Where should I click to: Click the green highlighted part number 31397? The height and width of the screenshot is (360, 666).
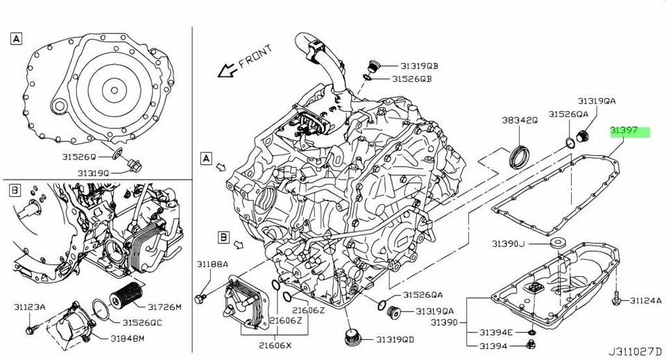(x=629, y=130)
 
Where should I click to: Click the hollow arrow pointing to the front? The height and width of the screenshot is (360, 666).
(x=224, y=71)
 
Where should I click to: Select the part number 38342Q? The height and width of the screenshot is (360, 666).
(x=520, y=120)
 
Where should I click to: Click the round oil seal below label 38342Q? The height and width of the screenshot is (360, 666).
(x=518, y=157)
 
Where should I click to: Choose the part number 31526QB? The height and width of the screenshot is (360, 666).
(x=411, y=79)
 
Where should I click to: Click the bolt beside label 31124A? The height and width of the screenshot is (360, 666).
(x=615, y=300)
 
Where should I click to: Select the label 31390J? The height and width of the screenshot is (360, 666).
(x=510, y=243)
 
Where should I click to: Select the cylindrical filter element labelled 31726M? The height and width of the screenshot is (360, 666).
(x=128, y=297)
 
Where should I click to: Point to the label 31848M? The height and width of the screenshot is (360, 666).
(x=126, y=338)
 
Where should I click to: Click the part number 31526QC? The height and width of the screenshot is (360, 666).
(x=142, y=323)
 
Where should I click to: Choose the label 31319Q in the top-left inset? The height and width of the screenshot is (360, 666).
(x=92, y=173)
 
